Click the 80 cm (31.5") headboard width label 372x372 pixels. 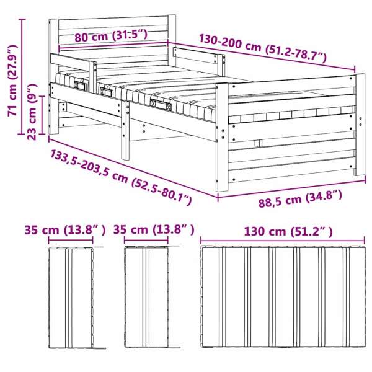[x=111, y=36]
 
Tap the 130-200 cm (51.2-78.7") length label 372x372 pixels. [x=263, y=49]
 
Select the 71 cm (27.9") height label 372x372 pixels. [x=12, y=80]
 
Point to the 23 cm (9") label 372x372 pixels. [x=32, y=112]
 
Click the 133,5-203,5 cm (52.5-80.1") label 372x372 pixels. [x=120, y=177]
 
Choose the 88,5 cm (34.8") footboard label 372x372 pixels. [x=300, y=199]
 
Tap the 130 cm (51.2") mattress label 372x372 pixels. [x=288, y=231]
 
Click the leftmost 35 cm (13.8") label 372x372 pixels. [x=65, y=229]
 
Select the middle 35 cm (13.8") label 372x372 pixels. [x=154, y=229]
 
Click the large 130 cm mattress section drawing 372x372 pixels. [x=283, y=296]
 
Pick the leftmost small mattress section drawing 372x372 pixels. [x=71, y=298]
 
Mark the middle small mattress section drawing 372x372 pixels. [x=146, y=297]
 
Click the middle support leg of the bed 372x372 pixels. [x=125, y=130]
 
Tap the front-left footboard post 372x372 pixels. [x=222, y=138]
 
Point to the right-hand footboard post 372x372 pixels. [x=360, y=125]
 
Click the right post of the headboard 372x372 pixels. [x=172, y=40]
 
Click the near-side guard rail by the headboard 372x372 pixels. [x=73, y=71]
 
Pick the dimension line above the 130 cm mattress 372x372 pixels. [x=283, y=241]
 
